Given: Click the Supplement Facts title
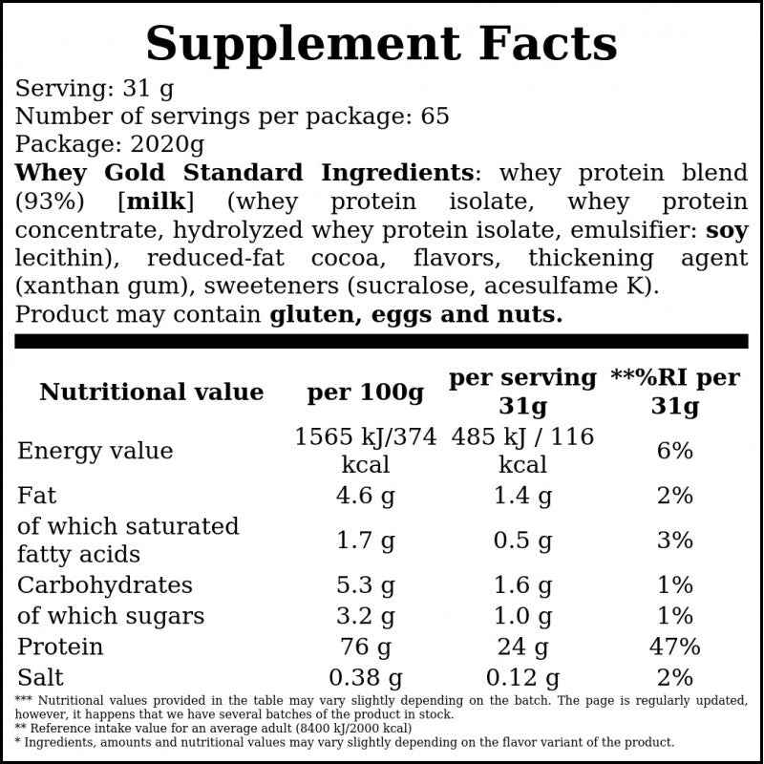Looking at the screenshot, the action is pos(381,45).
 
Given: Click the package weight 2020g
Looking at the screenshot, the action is pos(168,144).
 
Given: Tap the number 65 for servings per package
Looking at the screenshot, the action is pos(435,116).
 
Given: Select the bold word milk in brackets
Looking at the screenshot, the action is pos(156,202).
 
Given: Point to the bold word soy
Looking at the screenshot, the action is pos(727,230).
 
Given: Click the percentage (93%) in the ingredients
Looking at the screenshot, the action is pos(50,202).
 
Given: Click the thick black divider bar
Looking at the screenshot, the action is pos(381,341).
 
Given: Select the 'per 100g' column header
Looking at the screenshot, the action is pos(366,393).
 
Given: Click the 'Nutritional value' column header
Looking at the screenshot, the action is pos(152,392).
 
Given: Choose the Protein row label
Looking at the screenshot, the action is pos(60,647).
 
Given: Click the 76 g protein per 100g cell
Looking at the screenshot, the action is pos(366,647).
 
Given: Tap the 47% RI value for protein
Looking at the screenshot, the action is pos(675,647).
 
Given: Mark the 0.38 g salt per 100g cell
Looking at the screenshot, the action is pos(366,678).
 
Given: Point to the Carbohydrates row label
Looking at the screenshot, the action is pos(105,585).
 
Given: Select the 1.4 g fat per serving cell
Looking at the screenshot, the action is pos(522,496).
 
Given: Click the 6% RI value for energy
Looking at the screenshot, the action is pos(675,451).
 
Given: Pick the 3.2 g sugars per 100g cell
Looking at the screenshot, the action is pos(366,616).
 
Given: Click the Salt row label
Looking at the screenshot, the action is pos(40,677).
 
